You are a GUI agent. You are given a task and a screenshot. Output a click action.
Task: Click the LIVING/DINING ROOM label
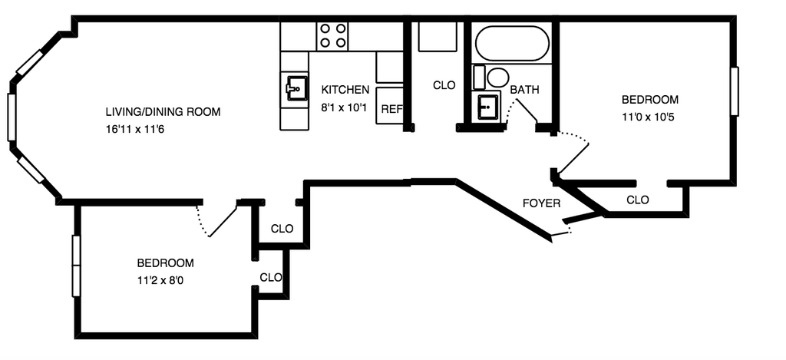click(x=163, y=112)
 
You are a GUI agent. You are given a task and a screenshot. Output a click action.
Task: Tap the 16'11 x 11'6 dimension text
click(x=136, y=129)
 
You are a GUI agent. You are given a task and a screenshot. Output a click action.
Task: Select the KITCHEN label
click(x=345, y=90)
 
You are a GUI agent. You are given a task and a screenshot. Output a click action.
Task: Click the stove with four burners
click(x=332, y=35)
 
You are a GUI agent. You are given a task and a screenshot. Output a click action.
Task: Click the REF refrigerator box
click(x=391, y=108)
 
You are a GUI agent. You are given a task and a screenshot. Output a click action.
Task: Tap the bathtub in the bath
click(x=512, y=44)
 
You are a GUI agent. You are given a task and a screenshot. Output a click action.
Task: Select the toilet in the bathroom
click(x=497, y=78)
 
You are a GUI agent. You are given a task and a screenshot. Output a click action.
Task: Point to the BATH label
click(x=525, y=90)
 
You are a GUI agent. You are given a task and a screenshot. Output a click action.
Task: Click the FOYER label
click(x=541, y=203)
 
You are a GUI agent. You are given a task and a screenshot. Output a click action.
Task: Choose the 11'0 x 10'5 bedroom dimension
click(x=649, y=117)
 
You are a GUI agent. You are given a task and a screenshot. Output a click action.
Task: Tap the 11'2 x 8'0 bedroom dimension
click(x=160, y=280)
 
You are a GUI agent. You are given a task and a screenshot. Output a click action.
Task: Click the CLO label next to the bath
click(x=444, y=86)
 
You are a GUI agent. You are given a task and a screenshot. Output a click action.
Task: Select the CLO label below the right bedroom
click(x=637, y=200)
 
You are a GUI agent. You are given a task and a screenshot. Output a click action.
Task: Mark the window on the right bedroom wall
click(x=734, y=91)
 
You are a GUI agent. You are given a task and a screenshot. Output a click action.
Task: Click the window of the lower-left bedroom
click(x=76, y=266)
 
